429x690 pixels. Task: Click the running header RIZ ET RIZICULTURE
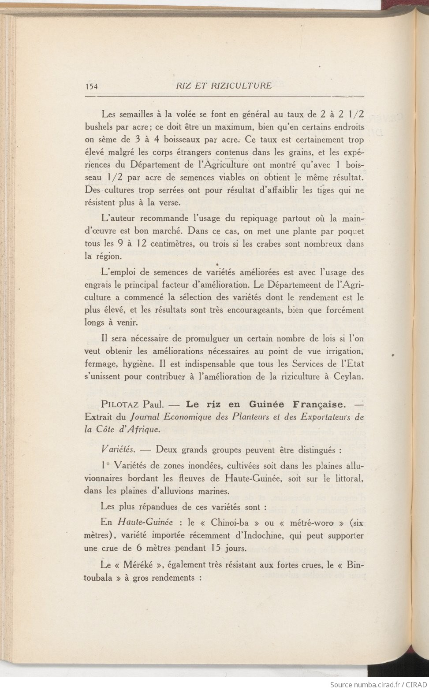pyautogui.click(x=217, y=86)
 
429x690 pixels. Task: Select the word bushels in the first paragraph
pyautogui.click(x=99, y=127)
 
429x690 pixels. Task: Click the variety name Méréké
pyautogui.click(x=136, y=565)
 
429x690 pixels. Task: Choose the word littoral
pyautogui.click(x=347, y=478)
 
